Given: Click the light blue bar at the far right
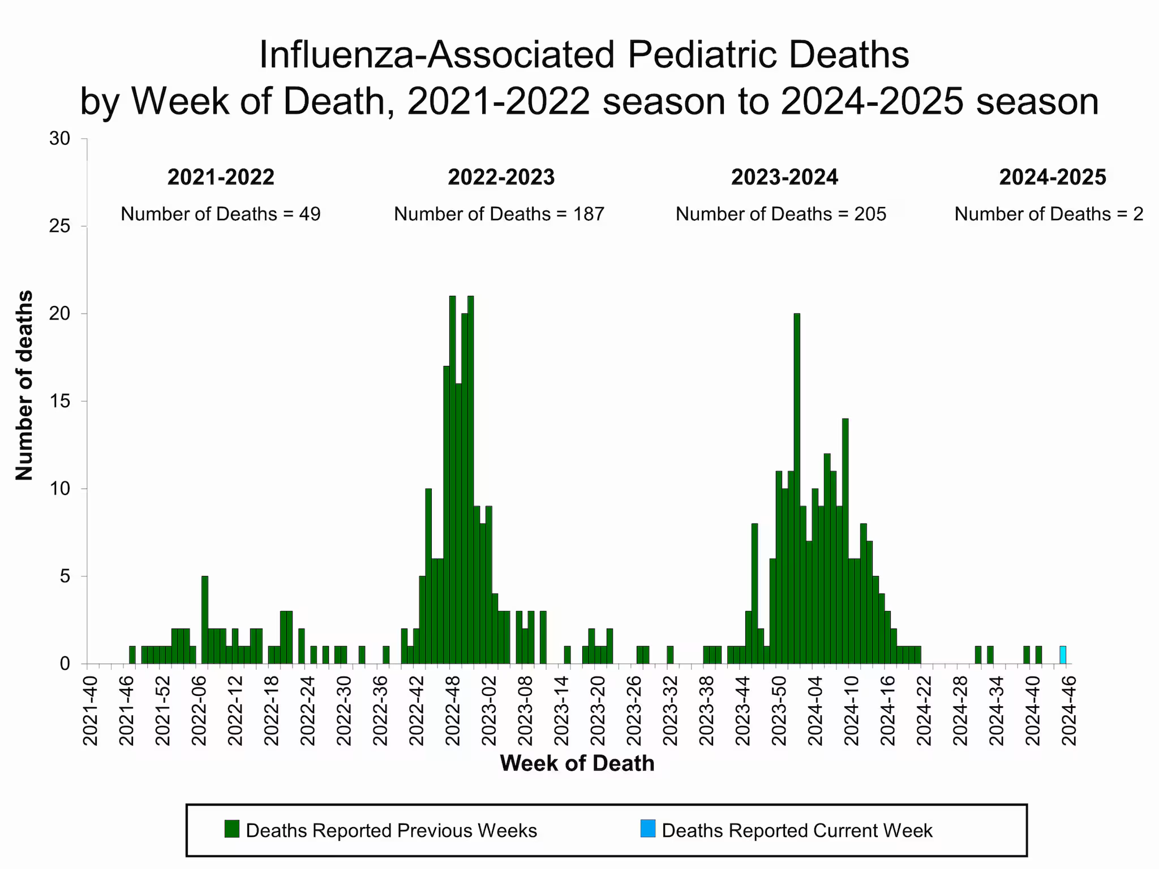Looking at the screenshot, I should click(x=1063, y=655).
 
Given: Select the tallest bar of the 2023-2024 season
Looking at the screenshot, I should click(x=797, y=487).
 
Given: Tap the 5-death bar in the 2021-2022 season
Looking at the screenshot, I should click(x=205, y=620).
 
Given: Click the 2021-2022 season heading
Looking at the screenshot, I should click(x=221, y=177).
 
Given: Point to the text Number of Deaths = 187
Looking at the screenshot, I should click(x=499, y=214).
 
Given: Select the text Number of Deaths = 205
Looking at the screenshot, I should click(x=781, y=214).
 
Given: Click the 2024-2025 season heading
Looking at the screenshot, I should click(x=1053, y=177).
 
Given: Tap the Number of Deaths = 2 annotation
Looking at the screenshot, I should click(x=1049, y=214).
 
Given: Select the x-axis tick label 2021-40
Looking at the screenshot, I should click(x=91, y=710).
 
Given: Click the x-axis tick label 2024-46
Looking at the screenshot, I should click(x=1068, y=710).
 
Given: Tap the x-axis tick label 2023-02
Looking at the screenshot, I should click(x=489, y=710).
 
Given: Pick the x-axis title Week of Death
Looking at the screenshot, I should click(x=577, y=763).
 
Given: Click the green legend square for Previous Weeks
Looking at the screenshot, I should click(x=232, y=829).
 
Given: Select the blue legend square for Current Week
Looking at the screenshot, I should click(x=648, y=829).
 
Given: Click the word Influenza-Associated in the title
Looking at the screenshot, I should click(x=436, y=55).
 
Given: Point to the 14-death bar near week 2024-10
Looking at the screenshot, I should click(x=845, y=540).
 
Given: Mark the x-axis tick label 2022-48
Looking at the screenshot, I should click(x=453, y=710).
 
